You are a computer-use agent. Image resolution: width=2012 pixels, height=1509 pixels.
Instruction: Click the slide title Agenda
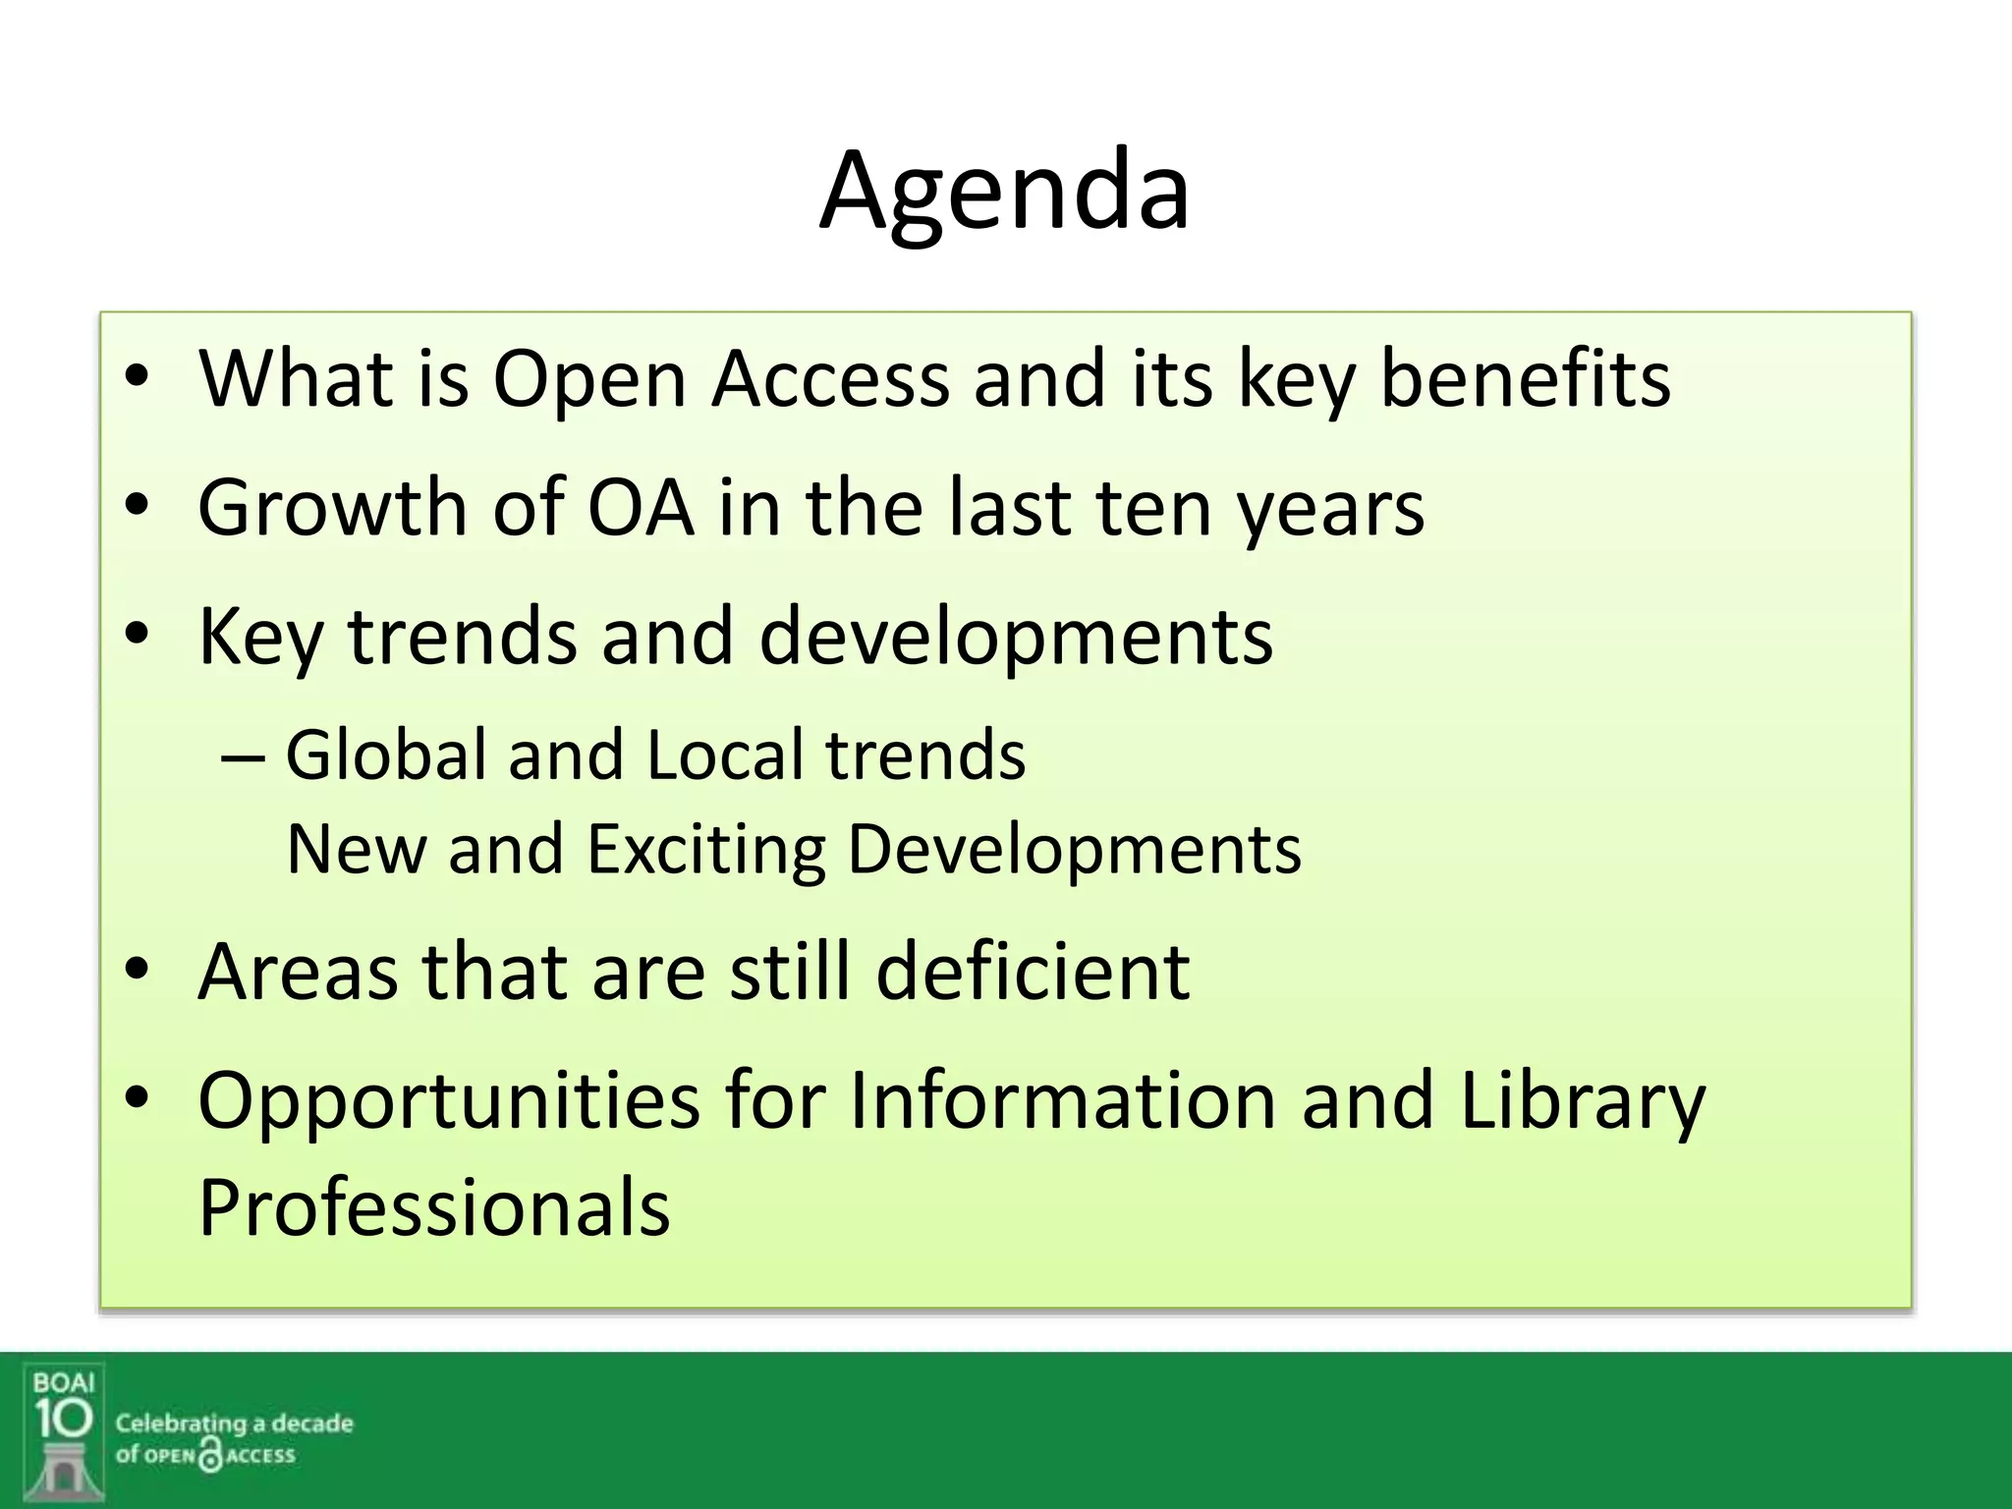tap(1004, 192)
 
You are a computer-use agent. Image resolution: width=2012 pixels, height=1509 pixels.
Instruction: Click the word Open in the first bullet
tap(588, 379)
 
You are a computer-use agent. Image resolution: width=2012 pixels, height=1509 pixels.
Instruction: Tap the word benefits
tap(1525, 379)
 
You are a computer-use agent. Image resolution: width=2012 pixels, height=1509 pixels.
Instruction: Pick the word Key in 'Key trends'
tap(259, 639)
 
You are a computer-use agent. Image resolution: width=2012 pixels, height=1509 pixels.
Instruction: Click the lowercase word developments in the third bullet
tap(1016, 639)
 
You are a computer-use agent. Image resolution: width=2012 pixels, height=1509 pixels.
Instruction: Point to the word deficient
tap(1033, 972)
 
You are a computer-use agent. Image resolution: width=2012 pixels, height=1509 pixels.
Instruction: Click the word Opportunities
tap(449, 1102)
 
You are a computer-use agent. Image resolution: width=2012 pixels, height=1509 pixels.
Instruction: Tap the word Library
tap(1583, 1102)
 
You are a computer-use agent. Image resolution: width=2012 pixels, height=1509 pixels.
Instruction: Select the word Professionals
tap(433, 1208)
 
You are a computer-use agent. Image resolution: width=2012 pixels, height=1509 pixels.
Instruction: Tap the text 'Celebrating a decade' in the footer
tap(234, 1424)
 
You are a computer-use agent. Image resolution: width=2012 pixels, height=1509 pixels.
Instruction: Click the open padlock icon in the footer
tap(210, 1455)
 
